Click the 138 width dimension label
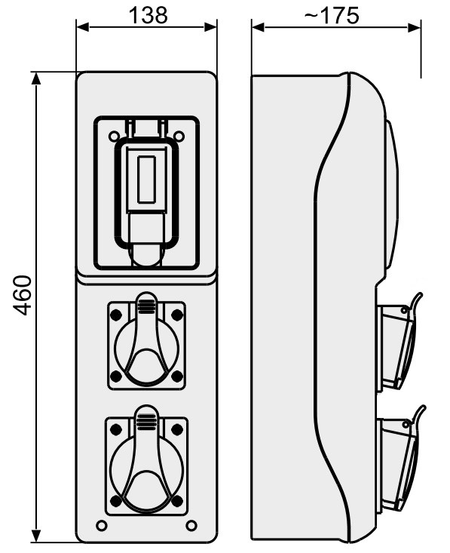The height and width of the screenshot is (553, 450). (148, 16)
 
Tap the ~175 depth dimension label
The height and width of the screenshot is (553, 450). (332, 16)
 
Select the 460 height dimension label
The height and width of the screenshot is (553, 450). (22, 295)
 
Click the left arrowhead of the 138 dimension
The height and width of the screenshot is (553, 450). (82, 27)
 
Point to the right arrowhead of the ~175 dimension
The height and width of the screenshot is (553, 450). (414, 27)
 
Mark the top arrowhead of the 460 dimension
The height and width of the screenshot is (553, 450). (36, 78)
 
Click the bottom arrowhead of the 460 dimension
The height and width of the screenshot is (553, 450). (36, 536)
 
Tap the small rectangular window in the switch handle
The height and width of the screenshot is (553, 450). (146, 179)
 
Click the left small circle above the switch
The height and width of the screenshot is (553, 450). (114, 136)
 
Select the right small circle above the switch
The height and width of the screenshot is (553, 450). (179, 136)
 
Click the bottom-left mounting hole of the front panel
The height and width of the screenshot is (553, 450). (102, 526)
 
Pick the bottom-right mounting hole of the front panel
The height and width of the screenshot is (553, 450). (191, 526)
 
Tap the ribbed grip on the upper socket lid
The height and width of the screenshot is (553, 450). (146, 306)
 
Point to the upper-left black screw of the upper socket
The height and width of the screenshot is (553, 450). (116, 315)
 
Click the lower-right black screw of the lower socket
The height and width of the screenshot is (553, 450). (177, 500)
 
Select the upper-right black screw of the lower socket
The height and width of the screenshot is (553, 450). (177, 429)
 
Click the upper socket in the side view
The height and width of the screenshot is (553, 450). (398, 342)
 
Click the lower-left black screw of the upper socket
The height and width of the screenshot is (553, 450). (116, 376)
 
